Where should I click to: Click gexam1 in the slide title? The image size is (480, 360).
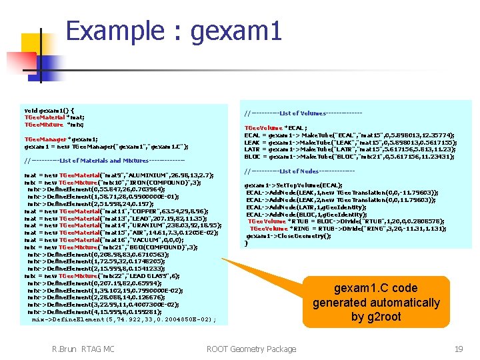tap(236, 31)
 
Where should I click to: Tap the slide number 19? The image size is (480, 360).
tap(459, 349)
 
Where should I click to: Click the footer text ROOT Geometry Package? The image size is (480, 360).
tap(251, 349)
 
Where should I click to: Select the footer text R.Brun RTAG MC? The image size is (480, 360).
tap(83, 349)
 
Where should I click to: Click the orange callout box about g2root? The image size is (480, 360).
tap(376, 302)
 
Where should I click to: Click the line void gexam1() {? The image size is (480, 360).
tap(49, 110)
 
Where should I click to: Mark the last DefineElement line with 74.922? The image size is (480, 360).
tap(123, 319)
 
